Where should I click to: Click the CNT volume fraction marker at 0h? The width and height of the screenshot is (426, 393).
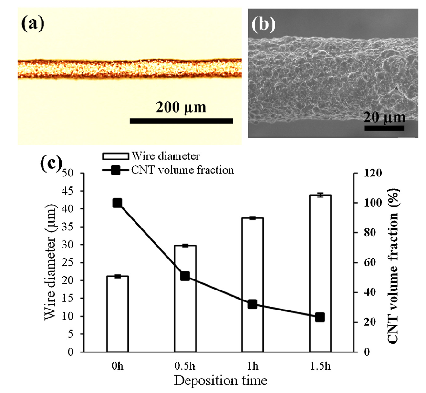click(x=117, y=203)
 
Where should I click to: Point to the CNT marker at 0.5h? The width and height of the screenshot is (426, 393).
click(x=185, y=276)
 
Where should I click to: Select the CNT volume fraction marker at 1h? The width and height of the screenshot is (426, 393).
click(x=252, y=304)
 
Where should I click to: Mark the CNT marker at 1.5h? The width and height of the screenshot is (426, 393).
click(x=320, y=317)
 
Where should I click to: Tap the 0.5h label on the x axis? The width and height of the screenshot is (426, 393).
click(x=185, y=366)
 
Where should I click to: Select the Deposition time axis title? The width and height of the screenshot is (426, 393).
click(x=220, y=381)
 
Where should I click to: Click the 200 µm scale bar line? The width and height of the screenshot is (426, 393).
click(x=181, y=121)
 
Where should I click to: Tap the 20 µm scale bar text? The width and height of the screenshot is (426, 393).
click(x=384, y=116)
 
